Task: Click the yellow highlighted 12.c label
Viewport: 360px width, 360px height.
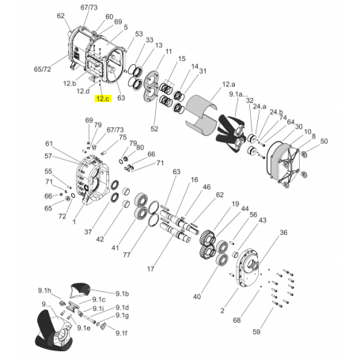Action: point(103,99)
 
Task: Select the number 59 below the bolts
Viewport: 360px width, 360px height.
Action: point(256,332)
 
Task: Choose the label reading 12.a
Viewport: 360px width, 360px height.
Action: point(229,84)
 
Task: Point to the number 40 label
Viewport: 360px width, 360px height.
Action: point(197,297)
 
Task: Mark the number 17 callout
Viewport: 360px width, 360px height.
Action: point(172,269)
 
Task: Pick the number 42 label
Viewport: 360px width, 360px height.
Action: point(100,239)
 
